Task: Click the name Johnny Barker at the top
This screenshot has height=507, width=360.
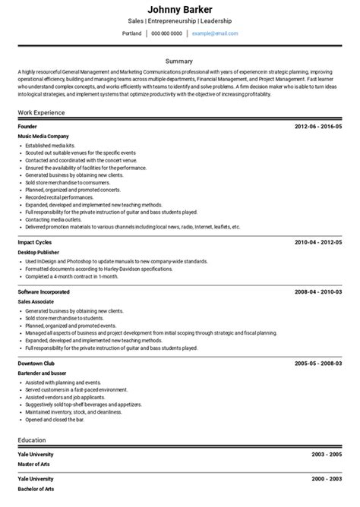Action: coord(179,9)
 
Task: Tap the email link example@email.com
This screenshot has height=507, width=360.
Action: coord(215,34)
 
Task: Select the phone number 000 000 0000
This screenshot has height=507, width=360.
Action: coord(166,34)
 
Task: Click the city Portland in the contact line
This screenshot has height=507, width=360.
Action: coord(131,34)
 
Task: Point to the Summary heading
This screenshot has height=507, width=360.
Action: coord(179,60)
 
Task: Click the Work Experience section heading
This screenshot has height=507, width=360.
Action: coord(41,112)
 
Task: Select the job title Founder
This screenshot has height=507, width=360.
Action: coord(27,126)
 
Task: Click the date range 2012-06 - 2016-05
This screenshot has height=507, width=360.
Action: coord(318,126)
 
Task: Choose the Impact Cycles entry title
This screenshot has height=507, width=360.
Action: coord(35,242)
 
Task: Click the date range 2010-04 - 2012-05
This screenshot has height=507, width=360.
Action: coord(318,242)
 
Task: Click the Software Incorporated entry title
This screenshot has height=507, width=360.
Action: coord(43,291)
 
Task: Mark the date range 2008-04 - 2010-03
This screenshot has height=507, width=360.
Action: coord(318,291)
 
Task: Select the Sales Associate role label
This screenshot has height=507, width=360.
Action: coord(36,301)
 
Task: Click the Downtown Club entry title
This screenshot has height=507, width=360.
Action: coord(36,364)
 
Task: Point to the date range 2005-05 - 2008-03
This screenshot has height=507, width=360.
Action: coord(318,364)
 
